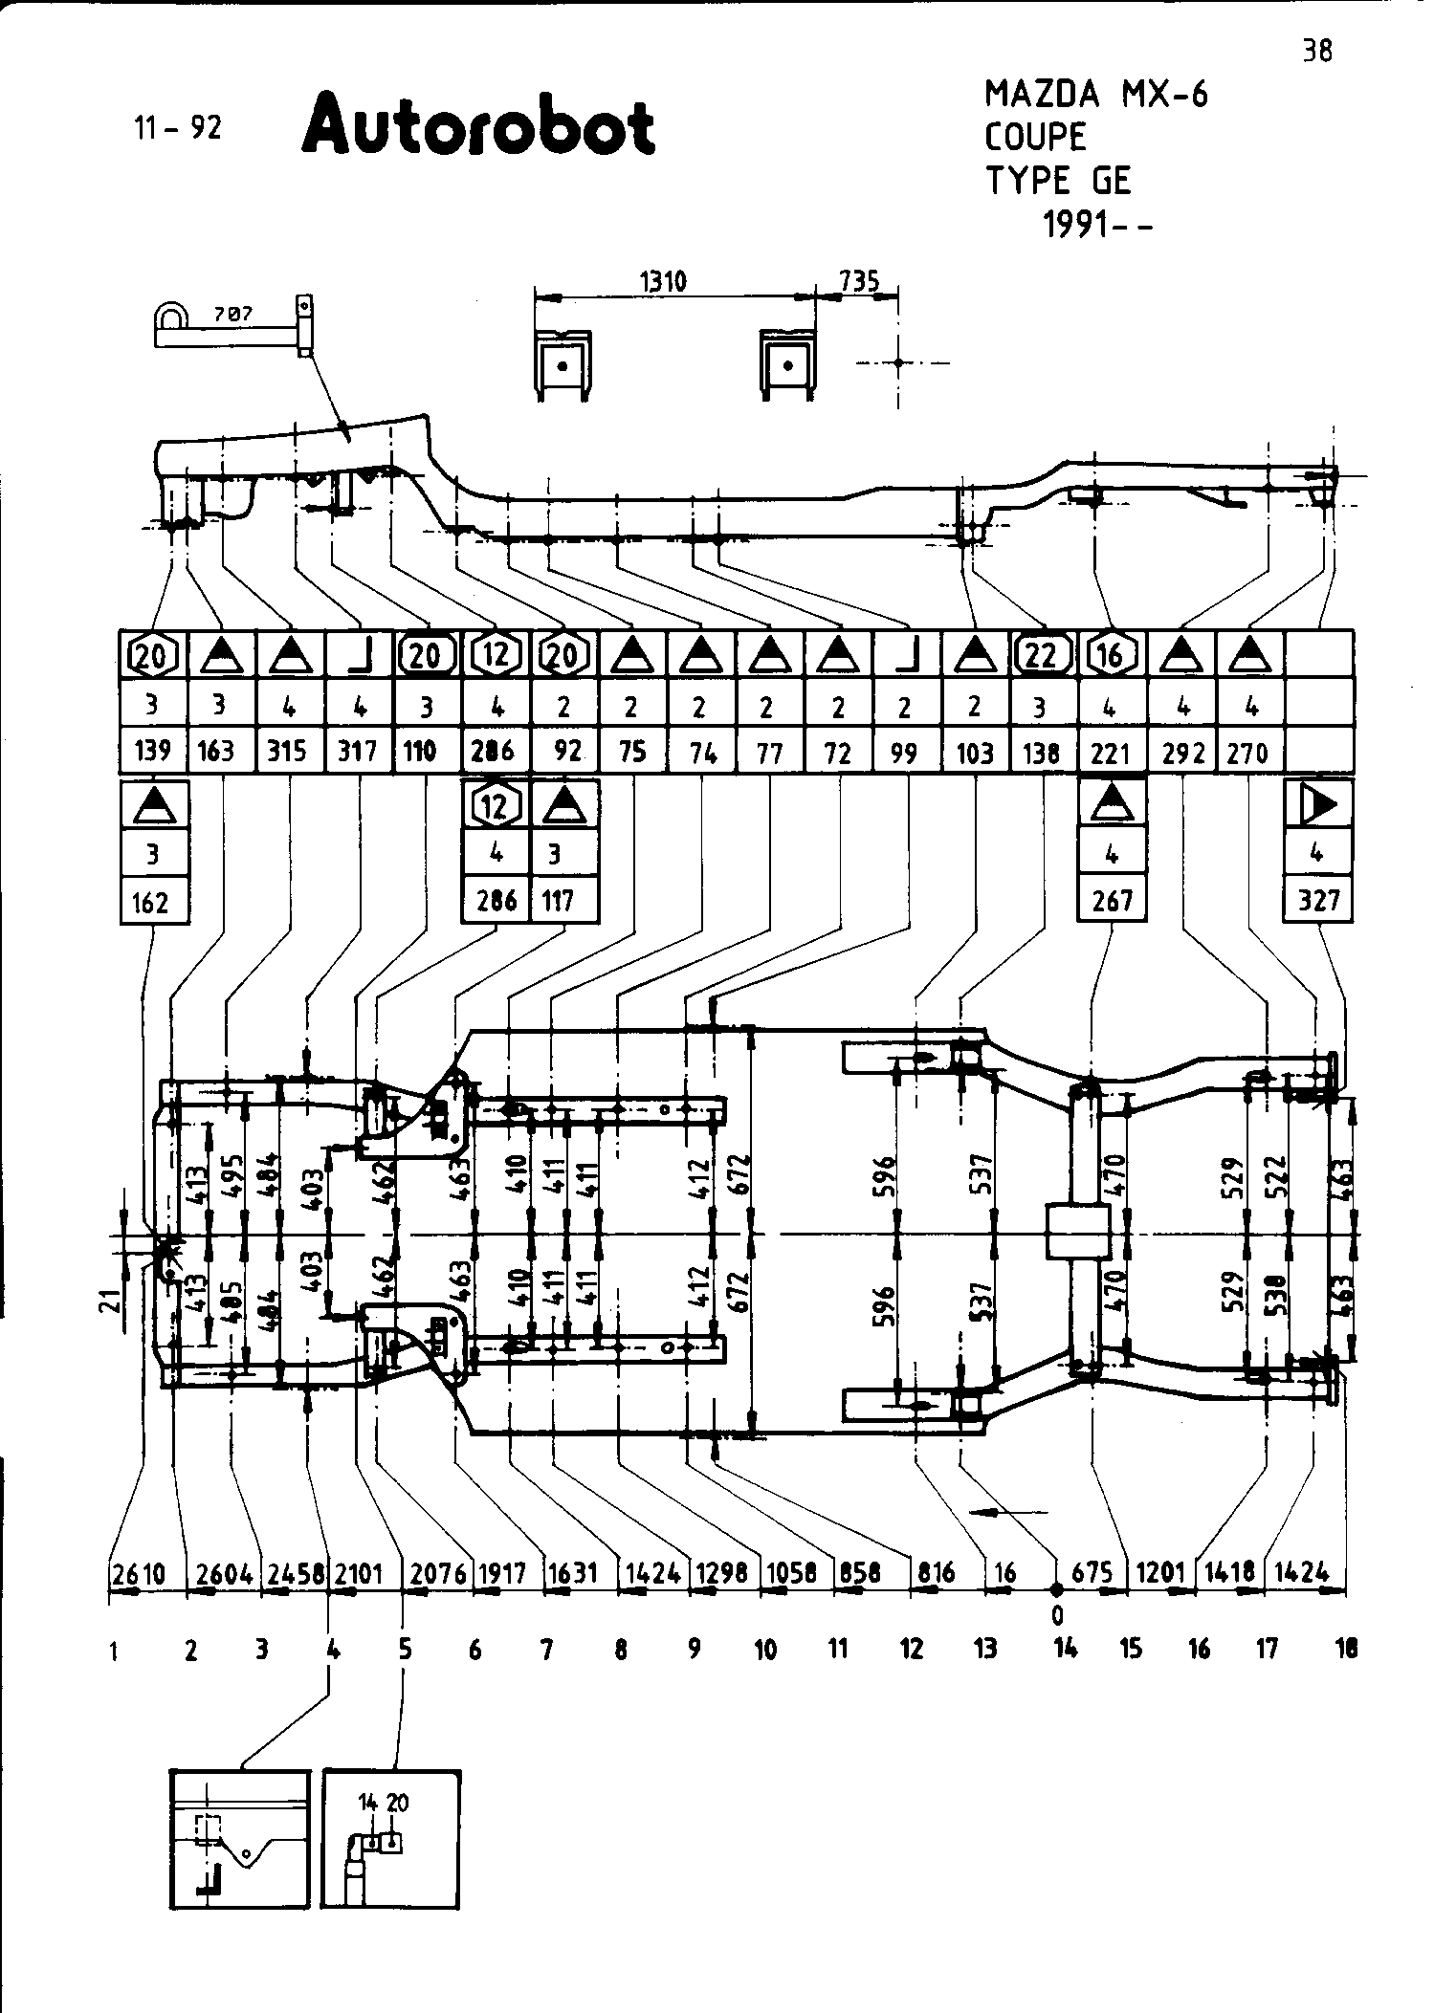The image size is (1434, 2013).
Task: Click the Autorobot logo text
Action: (478, 125)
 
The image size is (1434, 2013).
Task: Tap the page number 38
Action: (1317, 51)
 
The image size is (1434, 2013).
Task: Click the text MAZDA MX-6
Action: (1096, 94)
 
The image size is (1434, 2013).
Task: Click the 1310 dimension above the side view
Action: (662, 281)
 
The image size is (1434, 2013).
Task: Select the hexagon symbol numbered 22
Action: (1041, 655)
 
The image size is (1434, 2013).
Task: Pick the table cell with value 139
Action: (153, 751)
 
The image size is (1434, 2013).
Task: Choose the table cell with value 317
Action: (358, 751)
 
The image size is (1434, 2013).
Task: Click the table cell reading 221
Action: (1111, 754)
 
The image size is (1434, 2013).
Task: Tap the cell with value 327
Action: (1318, 901)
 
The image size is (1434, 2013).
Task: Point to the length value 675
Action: (1092, 1574)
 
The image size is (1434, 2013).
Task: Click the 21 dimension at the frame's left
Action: (113, 1300)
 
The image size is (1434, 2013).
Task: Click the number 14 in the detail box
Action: (368, 1803)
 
